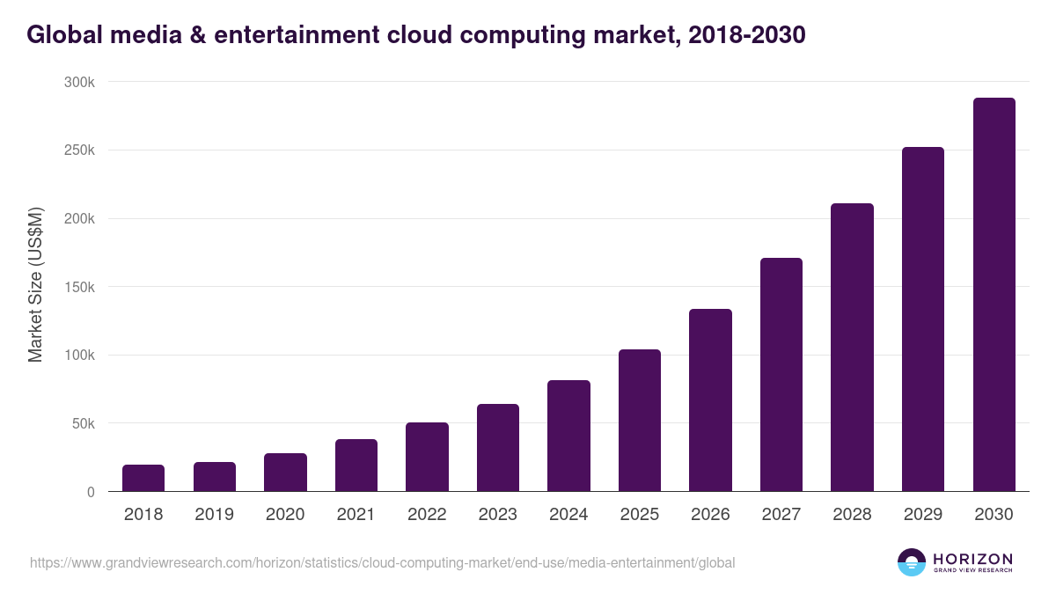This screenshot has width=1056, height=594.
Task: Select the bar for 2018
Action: coord(143,478)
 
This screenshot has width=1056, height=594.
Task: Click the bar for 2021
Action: coord(356,466)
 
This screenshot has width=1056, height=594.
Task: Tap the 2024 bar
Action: coord(568,436)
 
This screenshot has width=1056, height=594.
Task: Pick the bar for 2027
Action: coord(781,375)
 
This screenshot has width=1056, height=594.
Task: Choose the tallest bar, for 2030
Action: coord(994,295)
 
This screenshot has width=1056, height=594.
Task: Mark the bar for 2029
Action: coord(923,319)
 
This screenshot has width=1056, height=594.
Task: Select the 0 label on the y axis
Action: coord(91,492)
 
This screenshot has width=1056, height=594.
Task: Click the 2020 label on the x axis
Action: coord(285,515)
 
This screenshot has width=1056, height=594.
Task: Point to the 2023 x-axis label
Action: coord(498,515)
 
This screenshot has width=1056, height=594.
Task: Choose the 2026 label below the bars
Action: coord(710,515)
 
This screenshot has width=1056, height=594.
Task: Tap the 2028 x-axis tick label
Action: coord(852,515)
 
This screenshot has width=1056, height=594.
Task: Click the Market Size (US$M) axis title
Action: coord(35,286)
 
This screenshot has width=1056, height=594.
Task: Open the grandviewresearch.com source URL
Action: coord(383,562)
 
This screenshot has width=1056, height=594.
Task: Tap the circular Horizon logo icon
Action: coord(912,562)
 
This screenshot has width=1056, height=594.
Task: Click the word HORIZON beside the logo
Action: coord(972,558)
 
